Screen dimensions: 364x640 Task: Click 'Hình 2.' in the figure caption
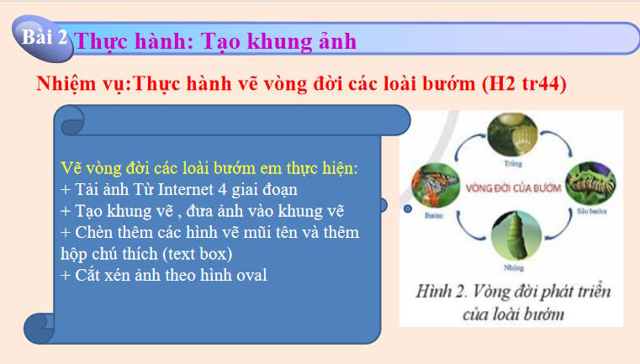coord(445,293)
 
